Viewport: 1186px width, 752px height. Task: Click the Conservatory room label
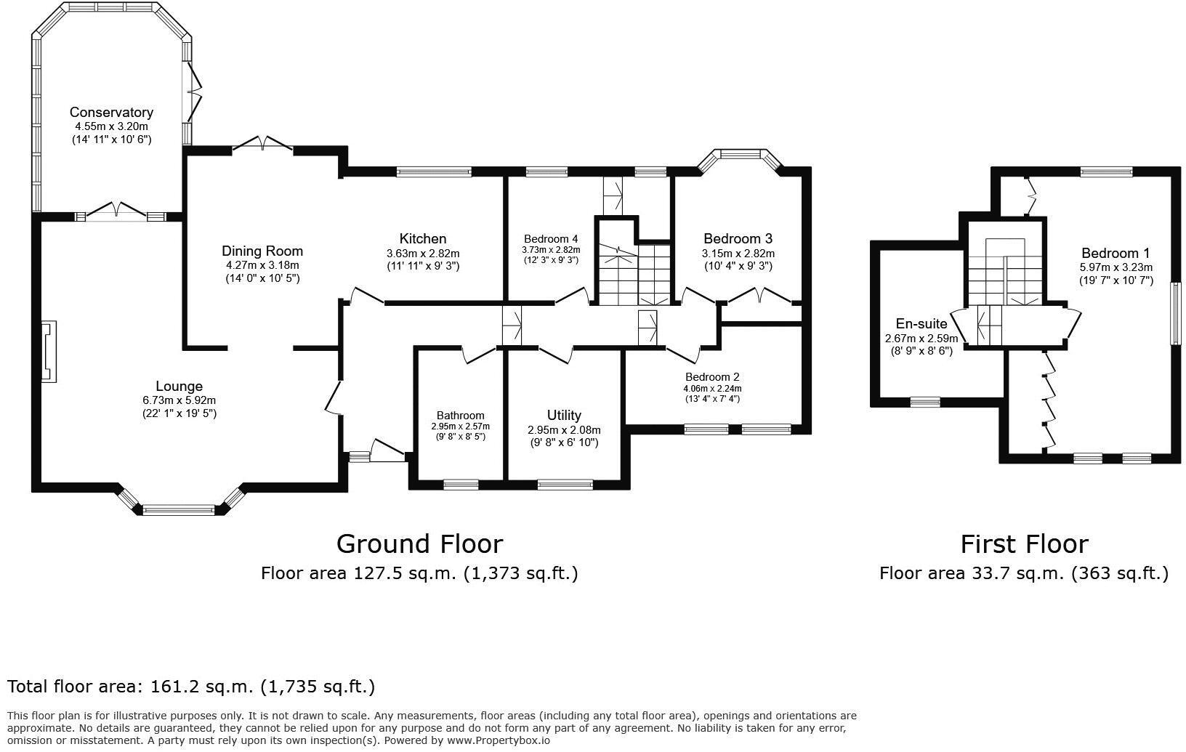click(x=111, y=112)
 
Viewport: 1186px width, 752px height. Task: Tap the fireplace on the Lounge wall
click(x=49, y=352)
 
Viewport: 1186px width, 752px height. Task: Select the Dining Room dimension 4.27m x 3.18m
click(x=262, y=265)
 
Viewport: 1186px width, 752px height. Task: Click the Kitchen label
click(x=423, y=239)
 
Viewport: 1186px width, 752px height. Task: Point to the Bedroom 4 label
click(x=551, y=239)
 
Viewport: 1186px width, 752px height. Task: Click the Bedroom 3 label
click(x=738, y=239)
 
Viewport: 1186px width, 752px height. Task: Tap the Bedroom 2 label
click(x=711, y=377)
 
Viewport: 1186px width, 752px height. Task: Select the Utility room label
click(x=564, y=416)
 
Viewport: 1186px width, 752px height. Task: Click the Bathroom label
click(x=460, y=416)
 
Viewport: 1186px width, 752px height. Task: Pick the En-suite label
click(x=921, y=324)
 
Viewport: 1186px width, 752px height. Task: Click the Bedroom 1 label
click(x=1116, y=254)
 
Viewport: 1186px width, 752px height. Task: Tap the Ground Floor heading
click(x=419, y=543)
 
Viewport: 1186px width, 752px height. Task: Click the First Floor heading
click(x=1024, y=543)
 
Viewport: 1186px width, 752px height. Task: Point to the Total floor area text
click(x=191, y=686)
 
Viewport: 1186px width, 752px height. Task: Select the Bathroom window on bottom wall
click(x=461, y=484)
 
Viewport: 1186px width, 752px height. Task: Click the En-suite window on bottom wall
click(x=925, y=402)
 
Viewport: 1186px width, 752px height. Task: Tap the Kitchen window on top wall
click(x=434, y=172)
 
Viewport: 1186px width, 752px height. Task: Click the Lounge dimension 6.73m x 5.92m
click(x=179, y=400)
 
